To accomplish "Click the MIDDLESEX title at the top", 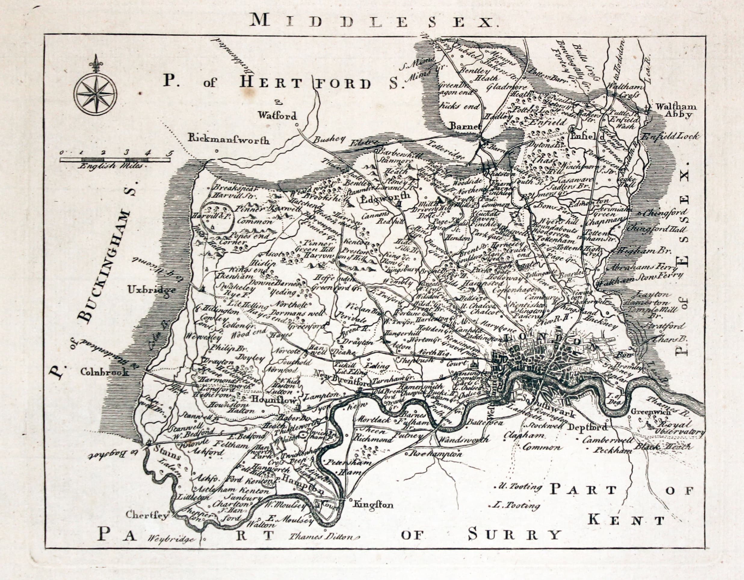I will click(371, 21).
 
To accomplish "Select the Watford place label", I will click(277, 116).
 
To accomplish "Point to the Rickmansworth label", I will click(229, 140).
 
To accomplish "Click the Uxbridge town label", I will click(152, 290).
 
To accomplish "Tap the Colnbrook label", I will click(105, 372).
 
